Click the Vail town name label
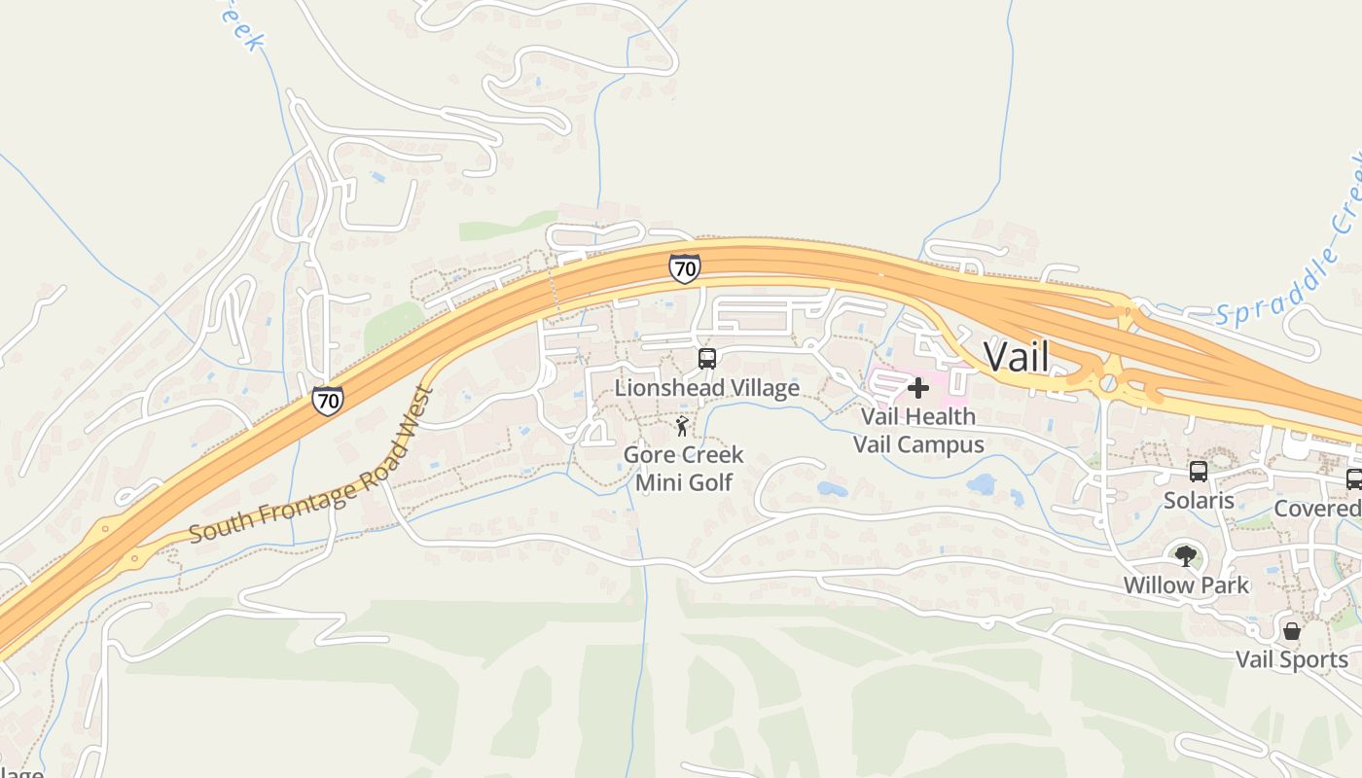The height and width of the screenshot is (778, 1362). pyautogui.click(x=1017, y=356)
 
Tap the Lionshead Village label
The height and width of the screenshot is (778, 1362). pyautogui.click(x=706, y=388)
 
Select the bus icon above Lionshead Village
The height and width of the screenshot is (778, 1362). pyautogui.click(x=707, y=358)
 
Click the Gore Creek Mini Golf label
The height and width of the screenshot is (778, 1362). pyautogui.click(x=683, y=468)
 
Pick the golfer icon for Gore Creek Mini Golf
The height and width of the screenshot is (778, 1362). pyautogui.click(x=682, y=426)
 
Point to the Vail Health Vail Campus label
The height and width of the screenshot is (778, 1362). pyautogui.click(x=918, y=431)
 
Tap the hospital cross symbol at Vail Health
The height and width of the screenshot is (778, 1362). pyautogui.click(x=917, y=389)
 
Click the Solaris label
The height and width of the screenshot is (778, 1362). pyautogui.click(x=1199, y=501)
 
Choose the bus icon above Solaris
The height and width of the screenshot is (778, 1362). pyautogui.click(x=1199, y=472)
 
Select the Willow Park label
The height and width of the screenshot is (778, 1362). pyautogui.click(x=1186, y=585)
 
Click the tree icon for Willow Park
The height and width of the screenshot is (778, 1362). pyautogui.click(x=1185, y=556)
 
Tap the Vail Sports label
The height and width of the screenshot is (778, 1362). pyautogui.click(x=1291, y=660)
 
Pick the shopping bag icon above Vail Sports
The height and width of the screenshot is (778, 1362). pyautogui.click(x=1292, y=631)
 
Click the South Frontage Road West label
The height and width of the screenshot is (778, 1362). pyautogui.click(x=311, y=467)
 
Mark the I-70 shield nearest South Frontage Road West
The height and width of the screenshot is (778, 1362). pyautogui.click(x=327, y=400)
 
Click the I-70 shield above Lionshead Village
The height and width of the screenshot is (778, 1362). pyautogui.click(x=684, y=267)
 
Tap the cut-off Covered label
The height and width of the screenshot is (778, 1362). pyautogui.click(x=1318, y=509)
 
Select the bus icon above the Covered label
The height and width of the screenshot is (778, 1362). pyautogui.click(x=1353, y=478)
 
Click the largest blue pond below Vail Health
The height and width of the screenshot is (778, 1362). pyautogui.click(x=981, y=484)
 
